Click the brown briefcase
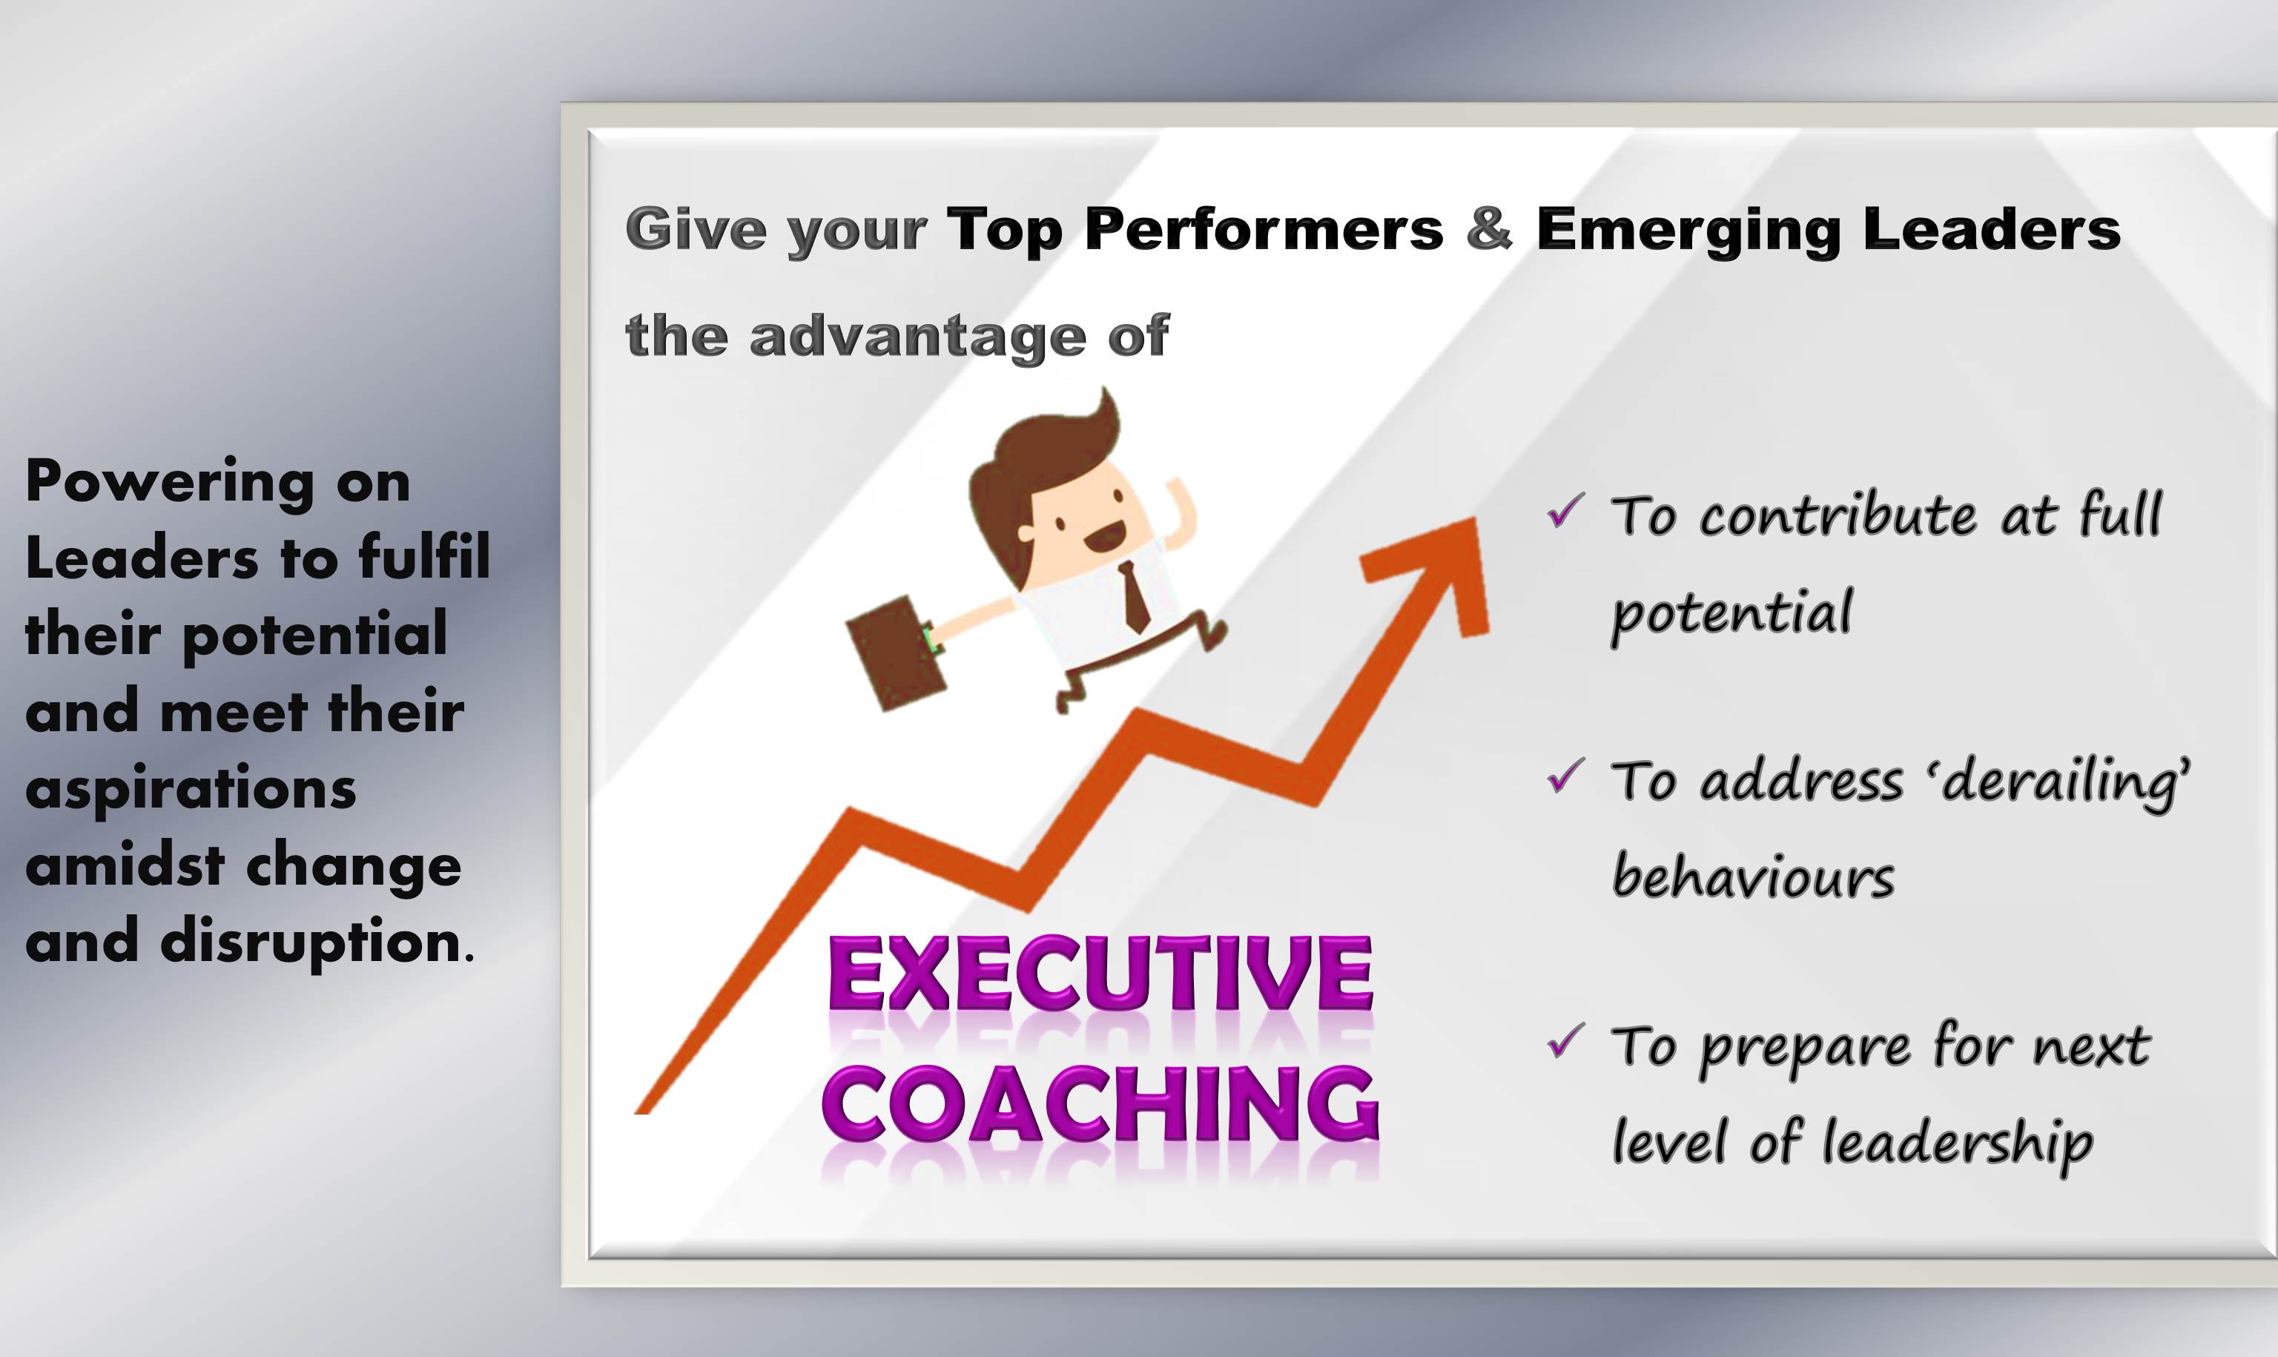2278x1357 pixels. (x=896, y=652)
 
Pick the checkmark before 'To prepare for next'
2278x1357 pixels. (x=1566, y=1040)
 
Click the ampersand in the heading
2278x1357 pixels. (x=1489, y=228)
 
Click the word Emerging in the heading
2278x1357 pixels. (x=1688, y=231)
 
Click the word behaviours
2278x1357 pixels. (x=1752, y=876)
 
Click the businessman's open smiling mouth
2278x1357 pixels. (x=1104, y=538)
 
